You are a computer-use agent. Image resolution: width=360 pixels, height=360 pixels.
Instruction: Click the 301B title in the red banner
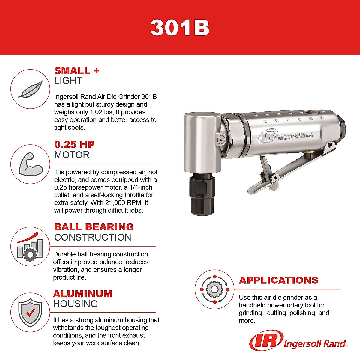pos(180,28)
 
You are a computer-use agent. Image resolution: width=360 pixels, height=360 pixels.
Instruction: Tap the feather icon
pos(30,89)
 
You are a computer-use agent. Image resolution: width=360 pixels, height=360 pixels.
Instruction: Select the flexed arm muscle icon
pos(31,164)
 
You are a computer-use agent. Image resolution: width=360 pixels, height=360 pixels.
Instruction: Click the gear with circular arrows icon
pos(214,289)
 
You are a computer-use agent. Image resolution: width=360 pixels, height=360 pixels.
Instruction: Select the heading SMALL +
pos(76,71)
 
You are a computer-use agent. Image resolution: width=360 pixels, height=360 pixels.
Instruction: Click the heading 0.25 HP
pos(74,145)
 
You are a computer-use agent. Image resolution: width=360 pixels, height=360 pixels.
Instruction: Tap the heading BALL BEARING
pos(94,227)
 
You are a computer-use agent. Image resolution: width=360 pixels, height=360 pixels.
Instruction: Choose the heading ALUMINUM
pos(83,294)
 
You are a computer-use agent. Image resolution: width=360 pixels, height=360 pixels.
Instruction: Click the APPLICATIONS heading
pos(278,280)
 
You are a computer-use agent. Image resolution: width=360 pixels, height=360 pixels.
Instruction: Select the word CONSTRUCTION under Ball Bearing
pos(93,237)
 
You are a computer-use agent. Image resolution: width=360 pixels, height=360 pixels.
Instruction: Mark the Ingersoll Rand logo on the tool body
pos(286,136)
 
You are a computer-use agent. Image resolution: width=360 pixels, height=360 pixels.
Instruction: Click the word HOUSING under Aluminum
pos(75,304)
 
